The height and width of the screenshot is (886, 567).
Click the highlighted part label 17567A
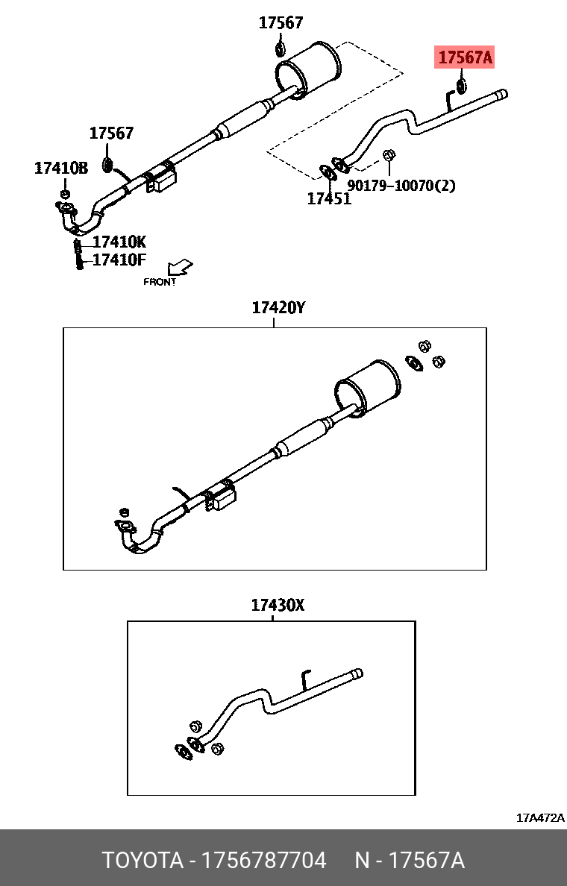pos(466,57)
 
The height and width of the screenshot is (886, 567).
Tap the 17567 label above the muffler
pos(281,23)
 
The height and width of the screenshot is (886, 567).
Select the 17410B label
pos(61,169)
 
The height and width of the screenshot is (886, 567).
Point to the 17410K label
pos(119,242)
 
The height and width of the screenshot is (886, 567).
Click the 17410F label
pos(119,260)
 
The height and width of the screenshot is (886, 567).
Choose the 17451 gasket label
pos(329,199)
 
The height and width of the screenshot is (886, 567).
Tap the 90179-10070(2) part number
pos(401,185)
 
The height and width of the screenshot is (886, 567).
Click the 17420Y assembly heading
pos(278,308)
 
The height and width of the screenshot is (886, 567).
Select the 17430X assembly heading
pos(278,606)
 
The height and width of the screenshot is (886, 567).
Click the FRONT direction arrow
pos(180,266)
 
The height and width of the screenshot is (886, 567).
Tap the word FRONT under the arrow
pos(160,282)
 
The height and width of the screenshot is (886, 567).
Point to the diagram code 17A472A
pos(540,818)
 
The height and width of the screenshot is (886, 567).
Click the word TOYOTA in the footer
pos(142,861)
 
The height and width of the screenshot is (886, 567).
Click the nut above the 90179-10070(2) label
pos(389,155)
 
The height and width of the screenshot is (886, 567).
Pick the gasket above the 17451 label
pos(327,172)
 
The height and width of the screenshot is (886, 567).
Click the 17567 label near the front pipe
pos(111,133)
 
